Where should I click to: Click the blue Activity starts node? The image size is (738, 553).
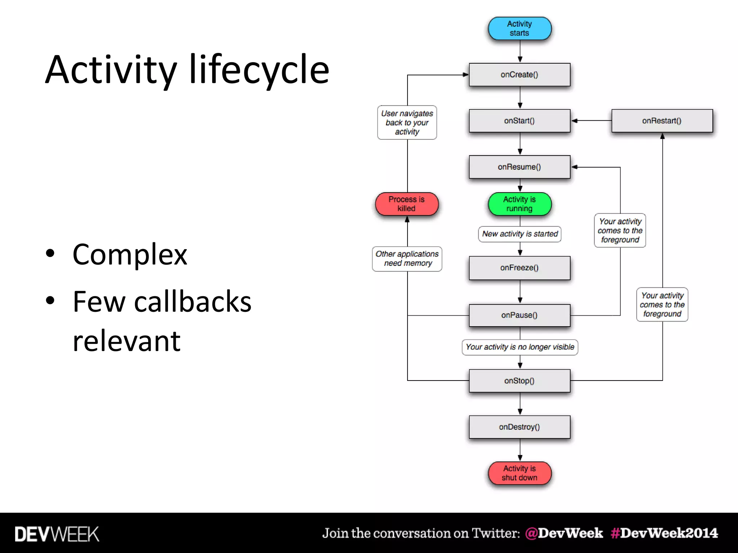519,28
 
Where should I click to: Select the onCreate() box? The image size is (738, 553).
519,75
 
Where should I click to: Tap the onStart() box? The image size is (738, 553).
519,121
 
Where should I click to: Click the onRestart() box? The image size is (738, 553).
662,121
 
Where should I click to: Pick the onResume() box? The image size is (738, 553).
519,167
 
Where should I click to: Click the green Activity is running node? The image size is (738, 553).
519,204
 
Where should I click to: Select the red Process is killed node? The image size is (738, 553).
406,204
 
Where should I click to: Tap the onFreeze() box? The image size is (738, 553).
519,267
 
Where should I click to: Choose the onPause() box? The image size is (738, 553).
519,315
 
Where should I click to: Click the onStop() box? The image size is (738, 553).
519,381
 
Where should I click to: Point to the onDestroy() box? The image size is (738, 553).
519,427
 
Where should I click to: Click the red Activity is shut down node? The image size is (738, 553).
519,473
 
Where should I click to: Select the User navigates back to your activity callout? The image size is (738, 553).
407,122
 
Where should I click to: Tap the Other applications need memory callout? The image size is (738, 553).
407,258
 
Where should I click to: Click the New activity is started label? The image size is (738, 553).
520,234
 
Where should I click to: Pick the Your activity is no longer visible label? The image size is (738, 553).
520,347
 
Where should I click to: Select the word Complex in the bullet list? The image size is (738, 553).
130,254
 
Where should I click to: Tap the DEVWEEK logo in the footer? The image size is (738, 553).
57,534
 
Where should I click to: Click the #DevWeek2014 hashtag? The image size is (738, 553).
664,533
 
